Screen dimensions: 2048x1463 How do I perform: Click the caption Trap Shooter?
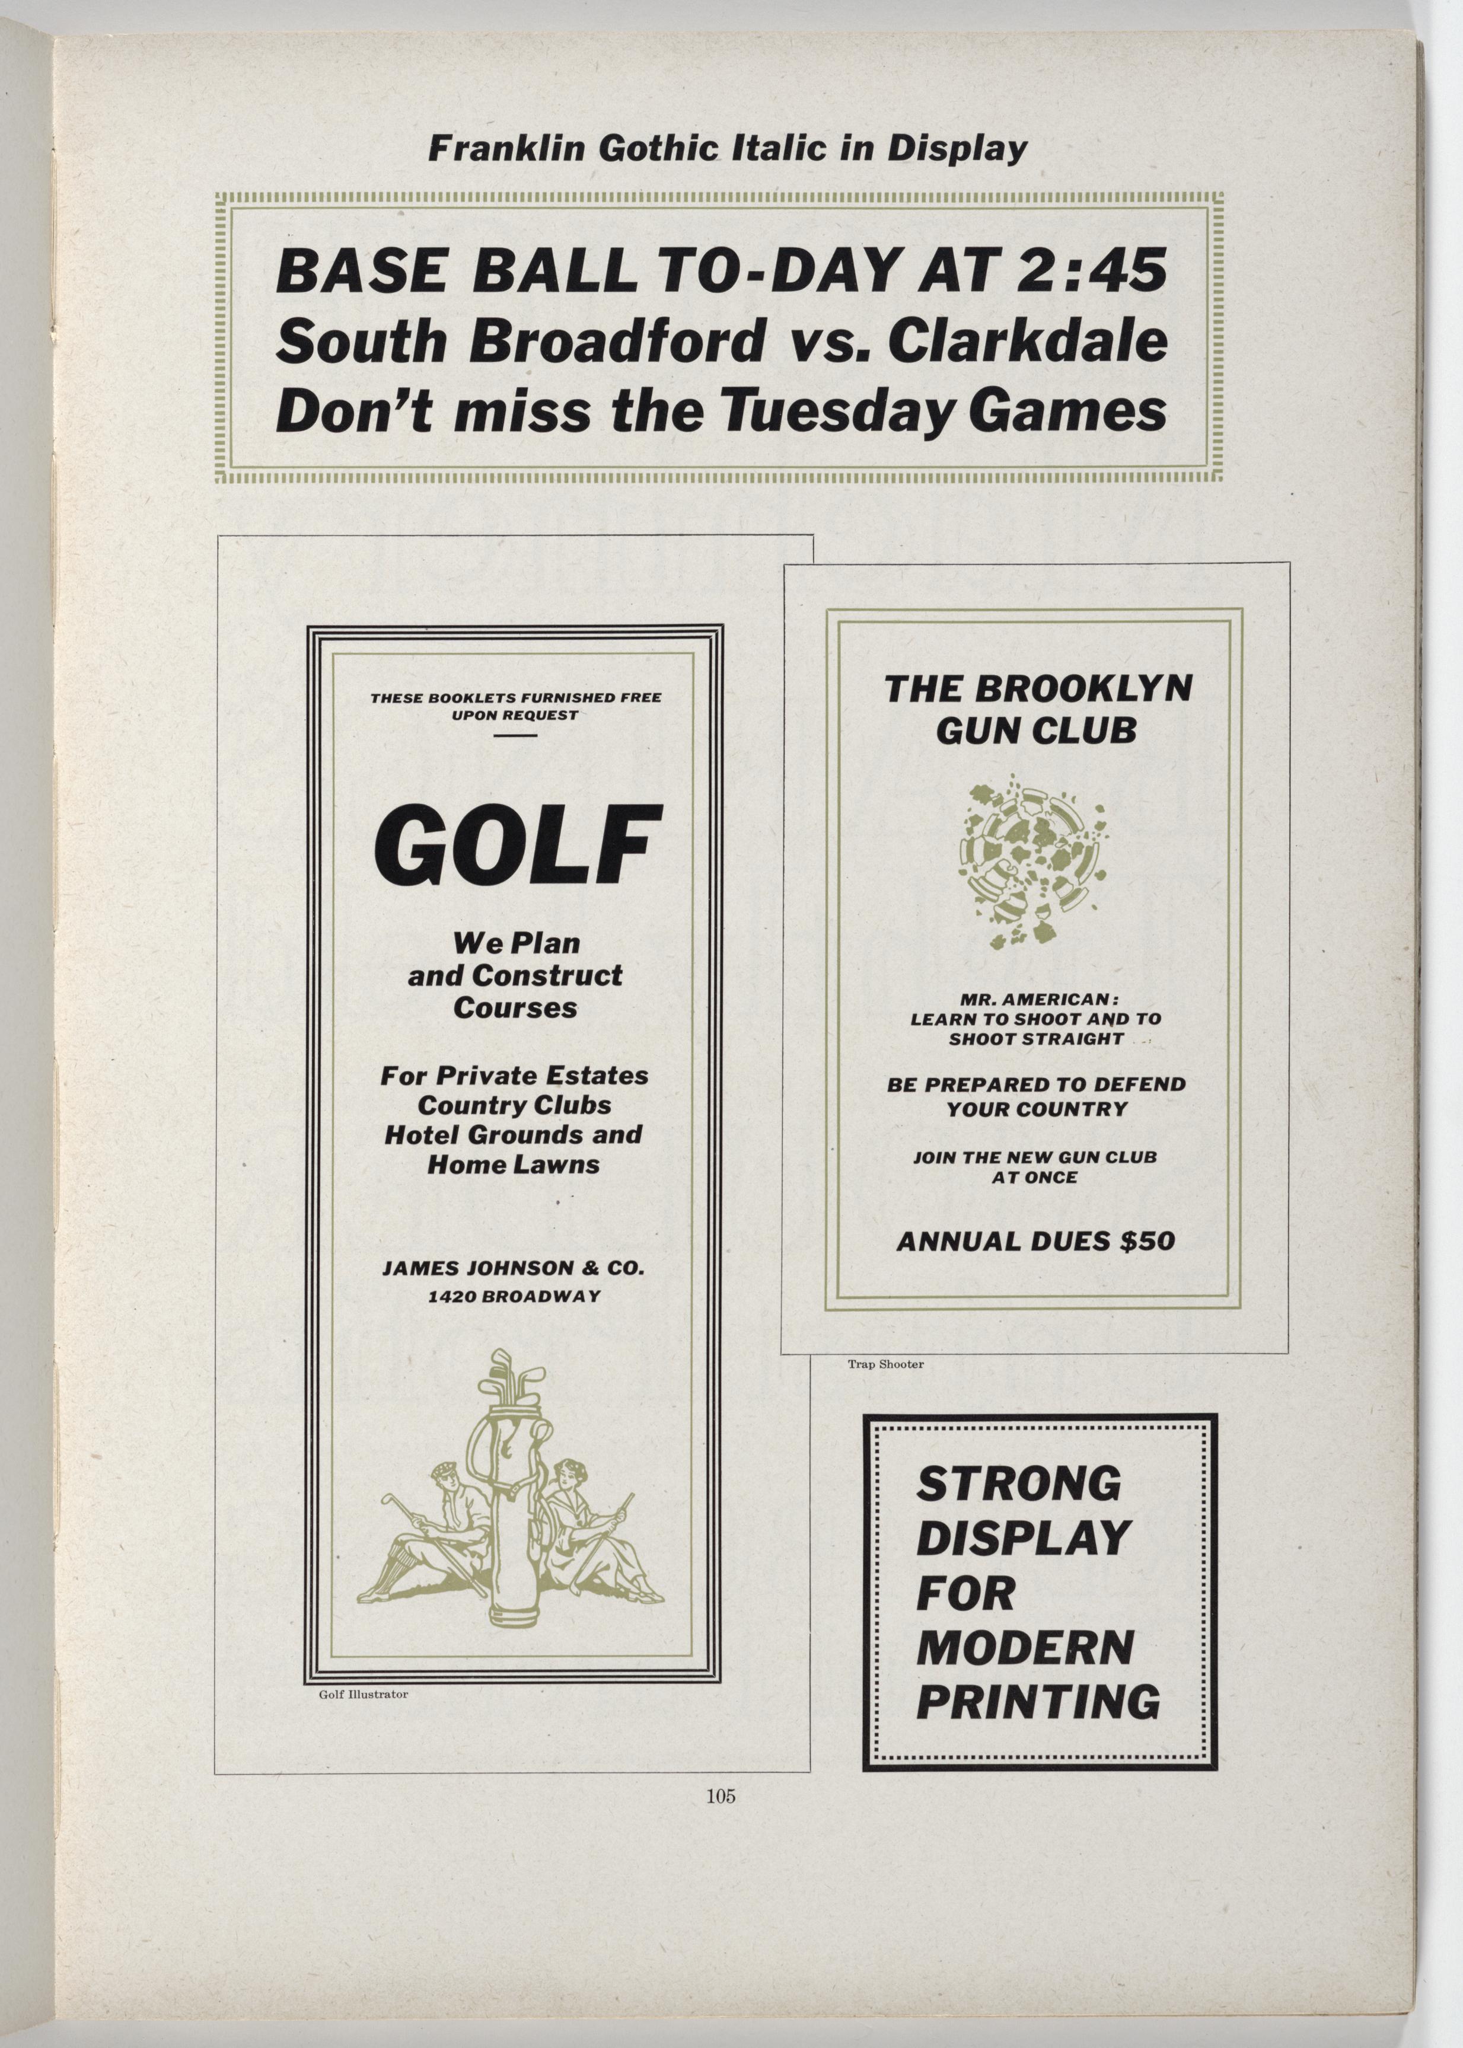(x=885, y=1364)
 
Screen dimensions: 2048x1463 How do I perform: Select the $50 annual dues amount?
(x=1147, y=1241)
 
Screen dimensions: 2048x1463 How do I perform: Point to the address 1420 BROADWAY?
(x=514, y=1297)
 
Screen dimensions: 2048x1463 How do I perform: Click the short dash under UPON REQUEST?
(x=515, y=736)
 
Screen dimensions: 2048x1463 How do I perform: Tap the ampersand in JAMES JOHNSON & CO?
(x=590, y=1268)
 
